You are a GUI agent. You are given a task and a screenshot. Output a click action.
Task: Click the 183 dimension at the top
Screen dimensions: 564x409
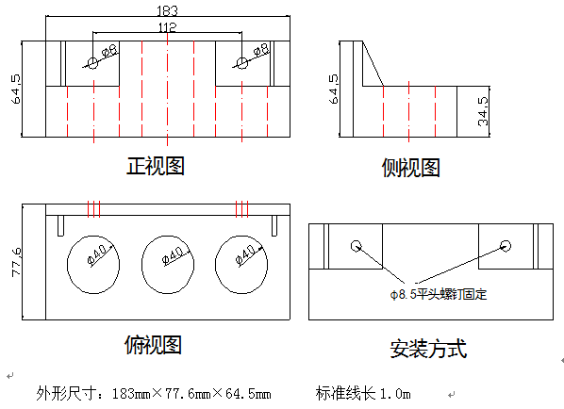[x=167, y=11]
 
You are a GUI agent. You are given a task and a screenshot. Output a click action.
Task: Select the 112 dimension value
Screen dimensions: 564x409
[x=168, y=27]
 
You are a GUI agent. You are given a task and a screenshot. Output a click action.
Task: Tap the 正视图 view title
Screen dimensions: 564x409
[x=156, y=166]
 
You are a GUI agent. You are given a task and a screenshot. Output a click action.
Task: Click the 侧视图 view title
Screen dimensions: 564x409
[x=411, y=168]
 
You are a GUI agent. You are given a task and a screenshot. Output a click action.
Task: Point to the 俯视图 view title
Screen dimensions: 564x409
[x=153, y=345]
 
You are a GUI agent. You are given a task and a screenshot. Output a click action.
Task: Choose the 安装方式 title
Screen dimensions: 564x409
[x=428, y=349]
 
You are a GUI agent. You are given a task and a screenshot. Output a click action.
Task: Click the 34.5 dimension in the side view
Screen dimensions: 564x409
[x=483, y=111]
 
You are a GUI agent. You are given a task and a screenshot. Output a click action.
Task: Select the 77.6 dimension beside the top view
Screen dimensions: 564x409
[x=17, y=262]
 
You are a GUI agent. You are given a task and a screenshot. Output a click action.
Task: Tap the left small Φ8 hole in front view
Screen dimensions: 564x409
[x=93, y=64]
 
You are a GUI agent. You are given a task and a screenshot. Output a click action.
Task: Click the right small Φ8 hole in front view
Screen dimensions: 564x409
[x=242, y=63]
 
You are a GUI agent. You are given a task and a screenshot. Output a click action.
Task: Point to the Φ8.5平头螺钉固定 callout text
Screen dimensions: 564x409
[x=439, y=295]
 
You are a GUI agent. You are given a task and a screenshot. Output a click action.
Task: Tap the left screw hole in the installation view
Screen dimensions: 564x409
[x=357, y=246]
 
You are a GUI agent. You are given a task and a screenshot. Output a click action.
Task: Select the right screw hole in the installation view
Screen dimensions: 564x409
[x=506, y=246]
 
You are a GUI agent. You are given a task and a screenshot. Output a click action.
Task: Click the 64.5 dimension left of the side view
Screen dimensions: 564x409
[x=334, y=90]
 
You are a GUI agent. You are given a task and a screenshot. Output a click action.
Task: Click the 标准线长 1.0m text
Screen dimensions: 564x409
[x=363, y=394]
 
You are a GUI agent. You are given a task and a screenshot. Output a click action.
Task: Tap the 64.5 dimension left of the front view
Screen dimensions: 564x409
[x=17, y=90]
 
